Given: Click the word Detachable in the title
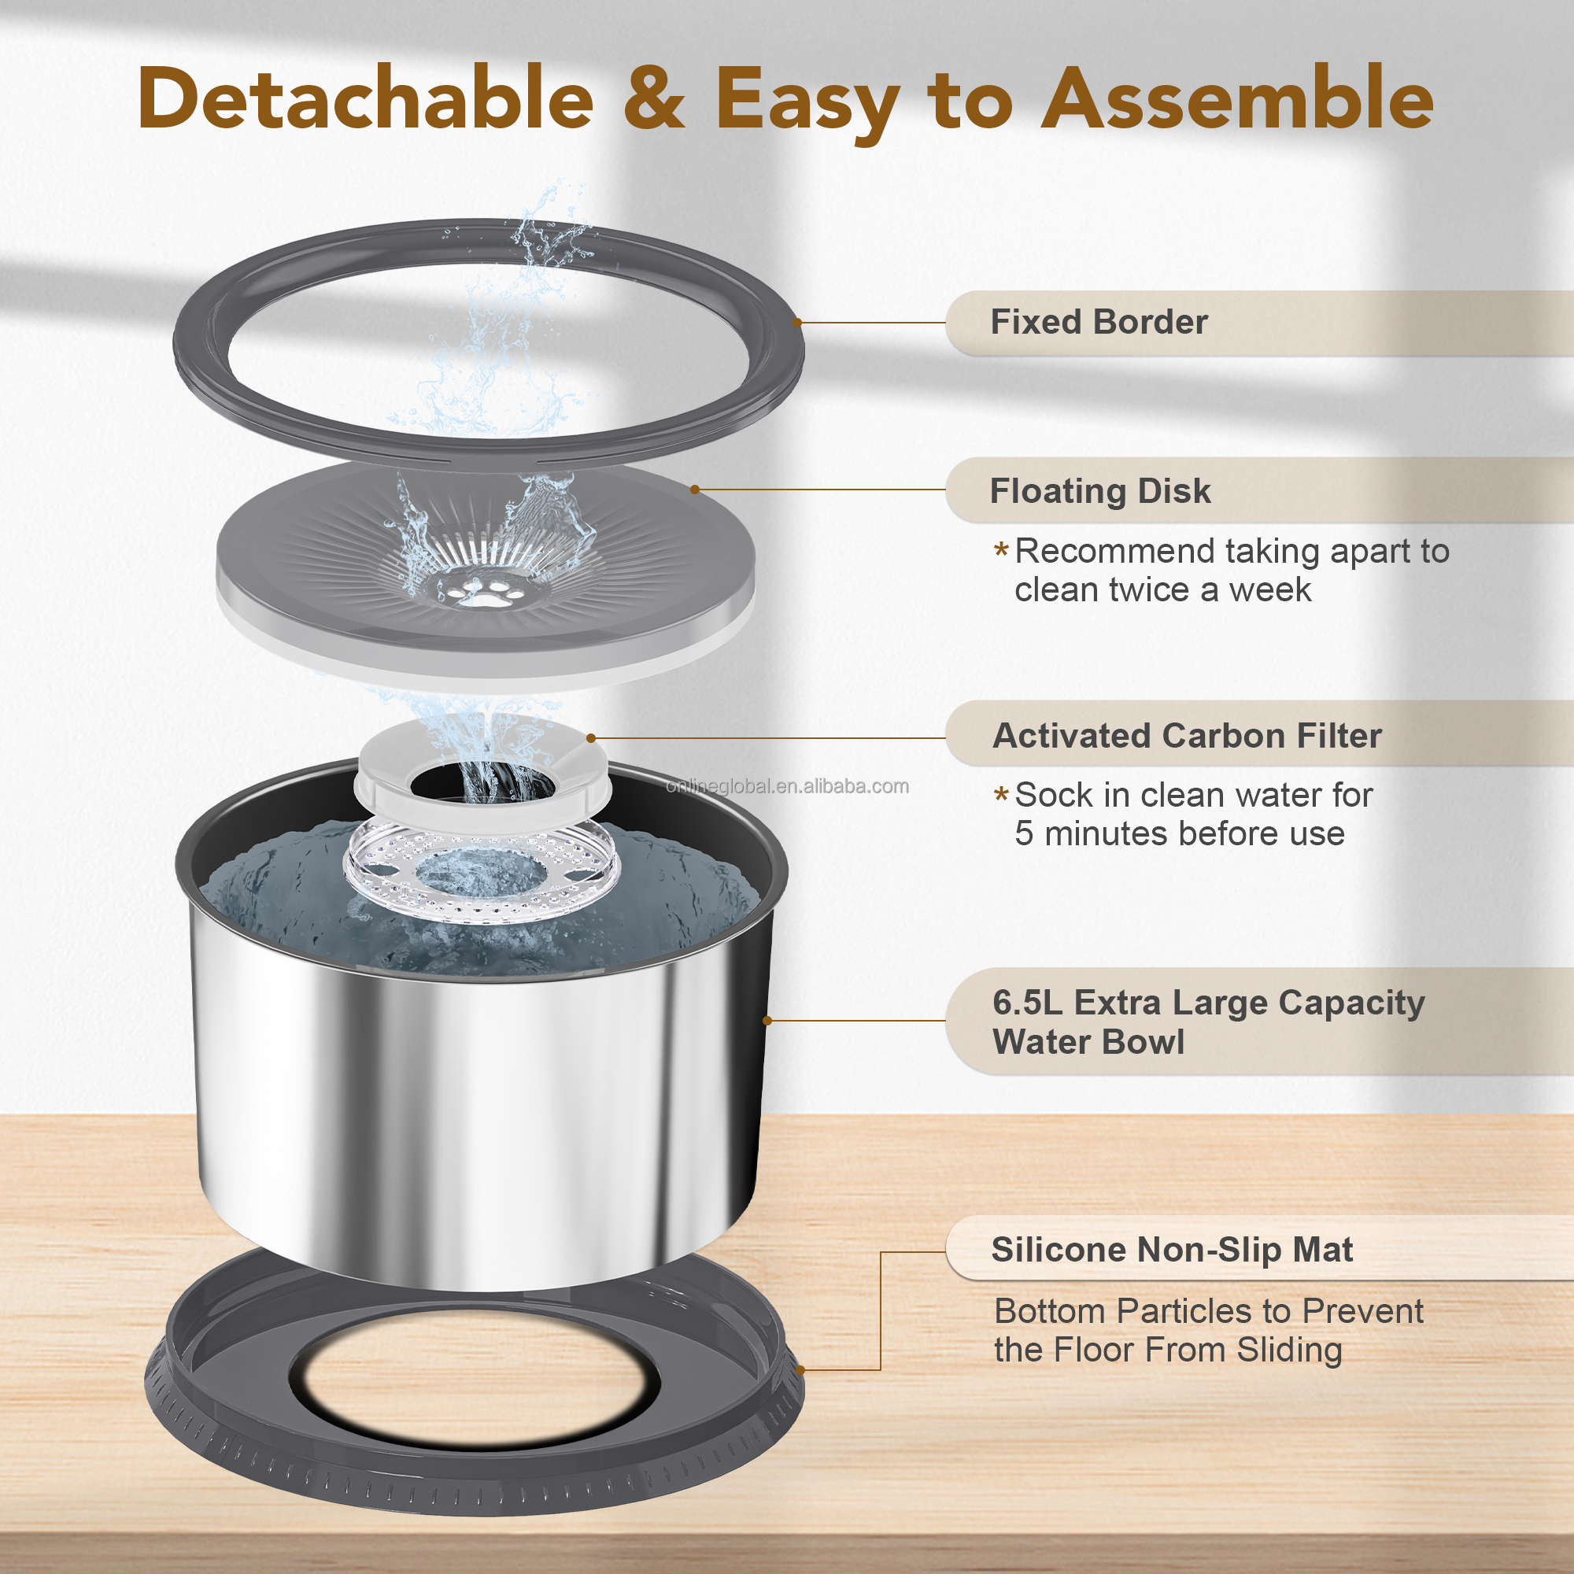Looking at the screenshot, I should click(365, 98).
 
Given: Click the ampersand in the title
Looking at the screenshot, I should click(654, 98).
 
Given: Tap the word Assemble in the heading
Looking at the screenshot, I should click(1237, 98).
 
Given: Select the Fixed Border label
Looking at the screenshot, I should click(1098, 323).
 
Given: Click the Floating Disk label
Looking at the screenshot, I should click(1100, 491).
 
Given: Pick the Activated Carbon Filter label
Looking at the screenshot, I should click(1187, 736).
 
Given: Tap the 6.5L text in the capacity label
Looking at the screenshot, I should click(1026, 1003).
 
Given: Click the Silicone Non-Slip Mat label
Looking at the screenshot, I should click(1172, 1250).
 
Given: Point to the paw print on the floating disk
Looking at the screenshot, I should click(487, 593).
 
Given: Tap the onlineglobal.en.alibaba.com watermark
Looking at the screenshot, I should click(787, 786).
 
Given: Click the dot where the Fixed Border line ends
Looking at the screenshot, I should click(796, 323).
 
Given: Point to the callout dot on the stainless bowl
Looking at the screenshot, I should click(767, 1021).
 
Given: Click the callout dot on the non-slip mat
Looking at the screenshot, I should click(800, 1370).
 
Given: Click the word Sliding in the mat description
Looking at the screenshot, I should click(1289, 1350).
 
